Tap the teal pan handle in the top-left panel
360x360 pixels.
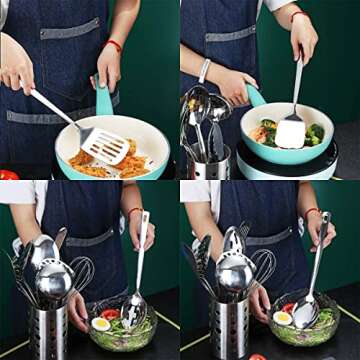(x=103, y=98)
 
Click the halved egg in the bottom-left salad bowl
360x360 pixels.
(x=101, y=325)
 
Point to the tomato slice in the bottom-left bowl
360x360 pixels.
(x=110, y=314)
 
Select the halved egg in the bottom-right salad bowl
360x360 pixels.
(x=282, y=318)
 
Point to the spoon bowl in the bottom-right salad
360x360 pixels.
(x=306, y=314)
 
